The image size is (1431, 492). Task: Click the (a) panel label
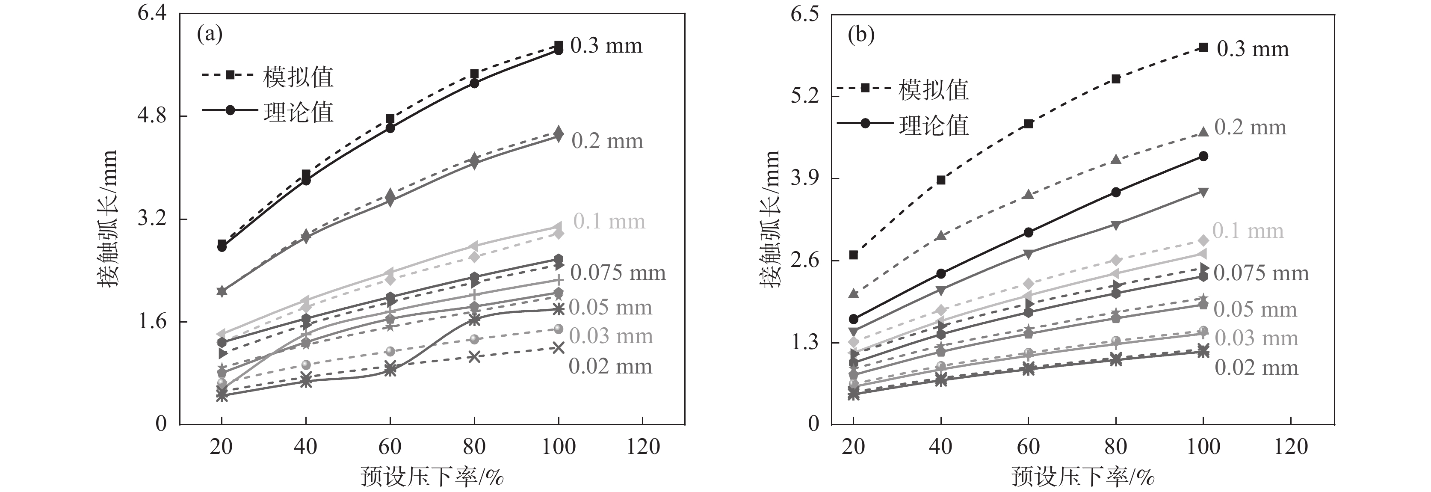click(210, 35)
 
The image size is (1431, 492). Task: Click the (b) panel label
click(861, 35)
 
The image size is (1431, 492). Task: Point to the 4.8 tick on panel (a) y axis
click(152, 116)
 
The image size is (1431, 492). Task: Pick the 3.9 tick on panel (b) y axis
click(805, 178)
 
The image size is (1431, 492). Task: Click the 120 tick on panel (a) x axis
click(643, 446)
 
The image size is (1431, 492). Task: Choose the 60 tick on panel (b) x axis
click(1028, 446)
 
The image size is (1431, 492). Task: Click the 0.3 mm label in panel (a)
click(606, 46)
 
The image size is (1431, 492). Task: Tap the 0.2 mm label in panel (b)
click(1250, 127)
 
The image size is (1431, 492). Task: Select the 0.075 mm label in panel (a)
click(618, 273)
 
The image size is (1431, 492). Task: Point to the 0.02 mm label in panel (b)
click(1256, 368)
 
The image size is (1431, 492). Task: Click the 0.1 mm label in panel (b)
click(1248, 231)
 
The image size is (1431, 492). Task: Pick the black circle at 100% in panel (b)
click(1203, 156)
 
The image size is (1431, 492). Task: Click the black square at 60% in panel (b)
click(1028, 124)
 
